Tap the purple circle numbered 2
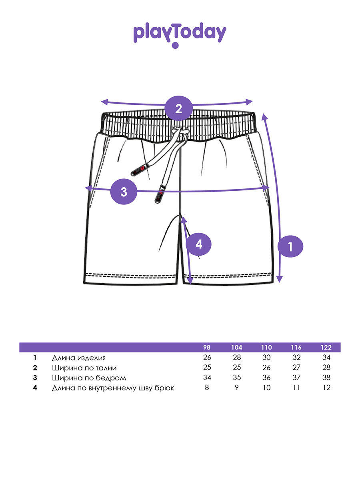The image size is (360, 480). coord(179,108)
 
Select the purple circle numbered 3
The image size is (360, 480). coord(124,192)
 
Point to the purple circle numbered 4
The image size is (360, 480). coord(199,244)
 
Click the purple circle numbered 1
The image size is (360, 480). coord(290,246)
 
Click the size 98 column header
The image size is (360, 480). coord(207,347)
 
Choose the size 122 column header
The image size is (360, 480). coord(326,347)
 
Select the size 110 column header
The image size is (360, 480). coord(266,347)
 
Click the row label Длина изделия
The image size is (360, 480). coord(78,358)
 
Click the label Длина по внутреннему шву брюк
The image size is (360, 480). coord(113,388)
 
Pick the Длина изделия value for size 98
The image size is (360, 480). coord(207,358)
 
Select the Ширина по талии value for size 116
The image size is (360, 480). coord(296,368)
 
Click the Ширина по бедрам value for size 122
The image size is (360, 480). coord(326,378)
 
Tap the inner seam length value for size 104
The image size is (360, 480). coord(237,388)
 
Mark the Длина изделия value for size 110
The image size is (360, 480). coord(266,358)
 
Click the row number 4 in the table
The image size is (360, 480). coord(35,388)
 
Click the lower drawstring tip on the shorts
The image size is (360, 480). coord(160,195)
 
